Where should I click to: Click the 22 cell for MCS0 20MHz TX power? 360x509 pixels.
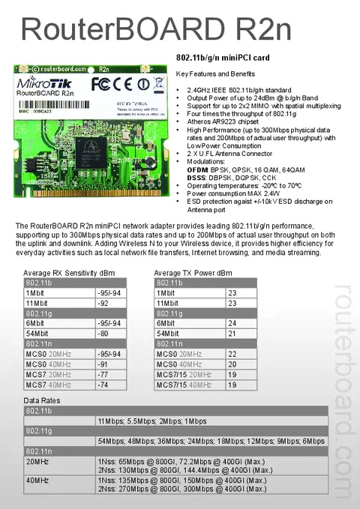click(232, 353)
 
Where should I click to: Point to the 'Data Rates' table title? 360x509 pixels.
click(42, 401)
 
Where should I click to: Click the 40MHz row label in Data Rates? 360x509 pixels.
click(37, 480)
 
